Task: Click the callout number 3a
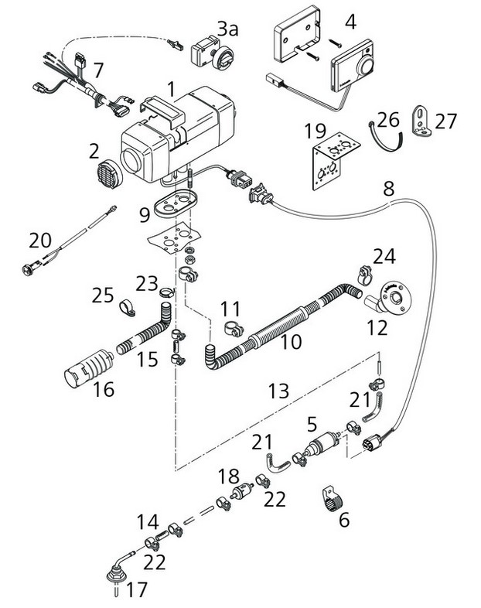click(228, 30)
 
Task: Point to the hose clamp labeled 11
click(233, 329)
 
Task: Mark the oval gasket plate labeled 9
click(172, 205)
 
